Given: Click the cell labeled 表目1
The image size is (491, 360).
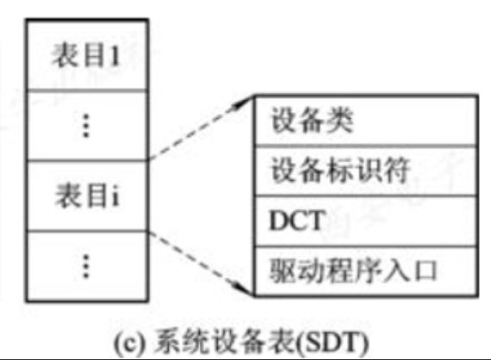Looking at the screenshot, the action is coord(87,55).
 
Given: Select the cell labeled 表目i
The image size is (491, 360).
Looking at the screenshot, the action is coord(87,196).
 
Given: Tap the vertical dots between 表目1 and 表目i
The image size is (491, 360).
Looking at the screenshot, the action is coord(86,126).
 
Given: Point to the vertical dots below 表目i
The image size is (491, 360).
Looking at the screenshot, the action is coord(86,266).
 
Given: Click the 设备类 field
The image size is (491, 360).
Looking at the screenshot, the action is coord(366,121).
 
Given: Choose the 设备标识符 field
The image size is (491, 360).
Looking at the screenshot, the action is coord(366,171).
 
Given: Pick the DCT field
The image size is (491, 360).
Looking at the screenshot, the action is coord(366,221).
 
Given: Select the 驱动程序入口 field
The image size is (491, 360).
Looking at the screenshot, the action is coord(366,271).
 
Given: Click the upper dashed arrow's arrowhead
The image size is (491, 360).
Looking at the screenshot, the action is coord(245,102).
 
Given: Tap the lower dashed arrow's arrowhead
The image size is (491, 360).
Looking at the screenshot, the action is coord(245,289).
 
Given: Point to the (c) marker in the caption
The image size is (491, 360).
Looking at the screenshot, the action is coord(129,344).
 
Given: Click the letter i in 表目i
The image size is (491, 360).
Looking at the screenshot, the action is coord(115,196).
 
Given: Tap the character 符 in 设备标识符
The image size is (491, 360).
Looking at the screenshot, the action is coord(396,171).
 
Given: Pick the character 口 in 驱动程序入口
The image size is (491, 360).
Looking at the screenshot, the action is coord(426,270).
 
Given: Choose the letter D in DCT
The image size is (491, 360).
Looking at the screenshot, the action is coord(279,220).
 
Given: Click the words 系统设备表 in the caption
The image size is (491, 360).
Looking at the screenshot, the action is coord(225,343).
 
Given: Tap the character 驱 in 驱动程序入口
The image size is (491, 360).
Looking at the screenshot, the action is coord(283,270).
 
